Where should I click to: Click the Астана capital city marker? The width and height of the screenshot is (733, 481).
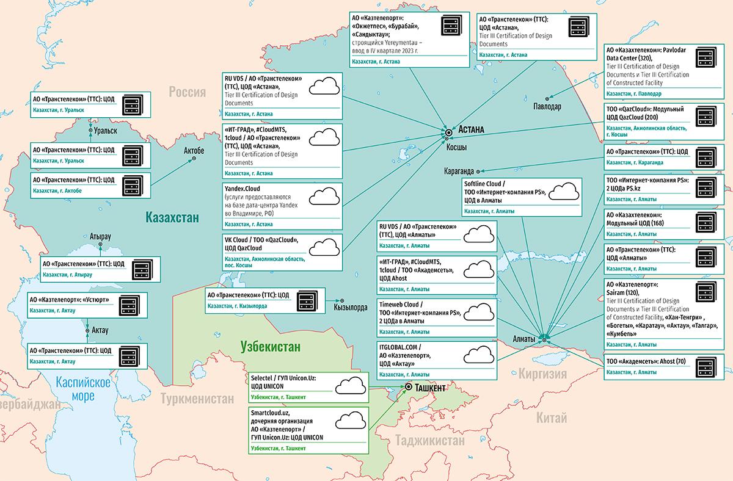(x=448, y=132)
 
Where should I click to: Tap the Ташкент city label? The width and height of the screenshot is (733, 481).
(x=430, y=388)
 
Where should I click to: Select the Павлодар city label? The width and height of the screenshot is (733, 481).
(x=547, y=106)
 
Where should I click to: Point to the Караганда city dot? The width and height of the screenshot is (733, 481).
(x=478, y=172)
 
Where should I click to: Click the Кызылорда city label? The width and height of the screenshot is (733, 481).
(x=351, y=308)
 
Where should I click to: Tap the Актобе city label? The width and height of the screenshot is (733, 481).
(x=194, y=150)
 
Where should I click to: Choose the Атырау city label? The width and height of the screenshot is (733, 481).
(x=100, y=236)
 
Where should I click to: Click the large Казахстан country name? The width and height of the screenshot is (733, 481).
(x=172, y=217)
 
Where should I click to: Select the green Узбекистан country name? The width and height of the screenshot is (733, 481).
(x=270, y=346)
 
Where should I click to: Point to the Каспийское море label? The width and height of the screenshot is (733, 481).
(x=83, y=388)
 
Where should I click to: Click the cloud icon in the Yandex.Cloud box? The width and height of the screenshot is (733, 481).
(x=324, y=196)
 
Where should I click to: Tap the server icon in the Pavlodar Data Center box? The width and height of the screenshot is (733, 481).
(x=706, y=57)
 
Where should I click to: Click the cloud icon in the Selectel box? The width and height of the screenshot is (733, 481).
(x=351, y=385)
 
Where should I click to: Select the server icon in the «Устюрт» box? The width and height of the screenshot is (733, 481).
(x=129, y=305)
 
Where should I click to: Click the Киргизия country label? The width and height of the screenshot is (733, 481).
(x=542, y=374)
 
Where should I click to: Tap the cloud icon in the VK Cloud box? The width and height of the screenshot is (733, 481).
(x=324, y=247)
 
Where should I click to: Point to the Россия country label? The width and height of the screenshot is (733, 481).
(x=187, y=92)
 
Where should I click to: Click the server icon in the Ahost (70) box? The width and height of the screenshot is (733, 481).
(x=706, y=367)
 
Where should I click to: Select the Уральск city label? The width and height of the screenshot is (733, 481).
(x=105, y=131)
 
